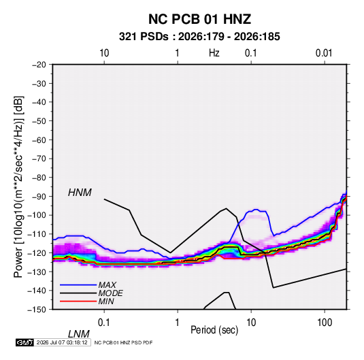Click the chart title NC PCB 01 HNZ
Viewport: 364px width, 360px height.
click(199, 19)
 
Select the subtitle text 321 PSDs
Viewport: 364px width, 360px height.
click(144, 37)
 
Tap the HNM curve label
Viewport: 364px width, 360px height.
click(80, 193)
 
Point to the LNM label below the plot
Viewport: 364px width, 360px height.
click(78, 334)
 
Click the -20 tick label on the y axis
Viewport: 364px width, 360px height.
click(39, 65)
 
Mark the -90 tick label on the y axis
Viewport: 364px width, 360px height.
click(39, 197)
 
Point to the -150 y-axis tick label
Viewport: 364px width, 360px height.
click(37, 310)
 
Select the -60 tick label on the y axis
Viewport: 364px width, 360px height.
click(39, 140)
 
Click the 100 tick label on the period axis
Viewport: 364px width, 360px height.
click(325, 323)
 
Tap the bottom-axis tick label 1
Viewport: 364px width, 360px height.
click(177, 323)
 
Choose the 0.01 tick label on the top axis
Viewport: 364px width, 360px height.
click(324, 53)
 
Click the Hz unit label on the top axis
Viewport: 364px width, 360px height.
click(214, 53)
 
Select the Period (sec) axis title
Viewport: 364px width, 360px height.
click(214, 330)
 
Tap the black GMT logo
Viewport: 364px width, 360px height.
click(25, 342)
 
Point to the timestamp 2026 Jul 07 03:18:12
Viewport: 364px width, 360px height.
click(62, 342)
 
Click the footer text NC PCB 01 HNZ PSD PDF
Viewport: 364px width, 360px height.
click(124, 342)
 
